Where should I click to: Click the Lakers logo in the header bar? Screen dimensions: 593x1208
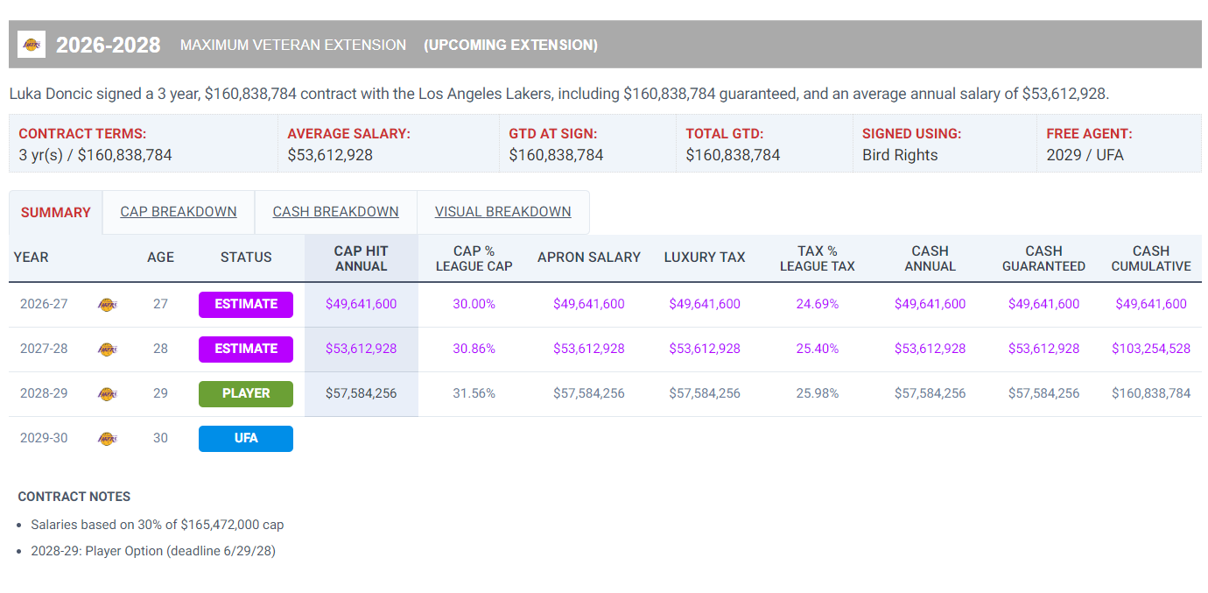[32, 45]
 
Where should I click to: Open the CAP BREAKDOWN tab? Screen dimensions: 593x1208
[179, 212]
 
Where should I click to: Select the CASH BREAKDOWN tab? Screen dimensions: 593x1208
[335, 212]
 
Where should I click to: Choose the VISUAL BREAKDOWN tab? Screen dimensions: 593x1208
[502, 212]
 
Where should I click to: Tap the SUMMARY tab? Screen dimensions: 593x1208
[56, 213]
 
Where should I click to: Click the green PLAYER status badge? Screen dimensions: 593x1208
[246, 393]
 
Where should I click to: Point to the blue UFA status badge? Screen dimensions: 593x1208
[246, 438]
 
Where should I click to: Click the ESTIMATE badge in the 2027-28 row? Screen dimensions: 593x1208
[246, 349]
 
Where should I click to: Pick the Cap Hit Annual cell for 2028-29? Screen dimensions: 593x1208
[361, 393]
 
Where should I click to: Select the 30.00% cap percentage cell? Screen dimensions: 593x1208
[474, 304]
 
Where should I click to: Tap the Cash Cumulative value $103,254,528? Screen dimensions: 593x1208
[1150, 349]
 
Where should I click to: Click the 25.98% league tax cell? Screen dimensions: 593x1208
[817, 393]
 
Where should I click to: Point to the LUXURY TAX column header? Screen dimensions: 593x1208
[705, 258]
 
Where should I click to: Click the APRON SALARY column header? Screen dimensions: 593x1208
[589, 258]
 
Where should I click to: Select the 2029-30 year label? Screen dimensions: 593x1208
[44, 438]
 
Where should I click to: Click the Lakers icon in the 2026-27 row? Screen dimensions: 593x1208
[107, 305]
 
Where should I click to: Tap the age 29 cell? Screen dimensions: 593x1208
[160, 393]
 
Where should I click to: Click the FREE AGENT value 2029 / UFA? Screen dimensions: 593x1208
[1085, 155]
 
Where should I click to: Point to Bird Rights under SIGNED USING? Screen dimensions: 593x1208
[899, 155]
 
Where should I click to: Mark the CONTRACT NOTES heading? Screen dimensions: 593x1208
[74, 497]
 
